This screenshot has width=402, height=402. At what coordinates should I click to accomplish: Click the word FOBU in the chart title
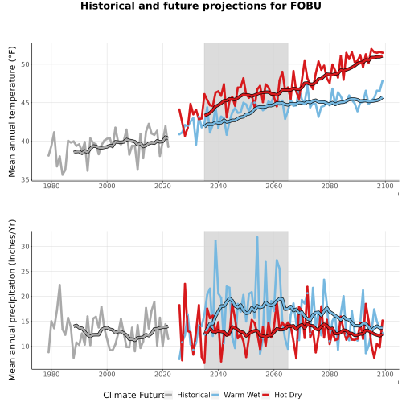306,6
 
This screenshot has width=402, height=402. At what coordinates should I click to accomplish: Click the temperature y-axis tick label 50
25,64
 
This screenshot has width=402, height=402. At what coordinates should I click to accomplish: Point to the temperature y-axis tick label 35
25,180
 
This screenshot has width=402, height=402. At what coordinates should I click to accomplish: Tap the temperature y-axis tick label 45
25,103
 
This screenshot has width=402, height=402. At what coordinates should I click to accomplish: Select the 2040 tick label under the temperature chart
218,186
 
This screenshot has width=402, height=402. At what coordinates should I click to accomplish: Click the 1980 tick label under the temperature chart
51,186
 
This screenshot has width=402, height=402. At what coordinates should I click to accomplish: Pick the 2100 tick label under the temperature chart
385,186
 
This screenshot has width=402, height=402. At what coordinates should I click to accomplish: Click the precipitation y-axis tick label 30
25,247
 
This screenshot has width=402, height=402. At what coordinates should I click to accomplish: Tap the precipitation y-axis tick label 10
25,347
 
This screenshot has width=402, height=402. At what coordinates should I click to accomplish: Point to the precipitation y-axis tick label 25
25,272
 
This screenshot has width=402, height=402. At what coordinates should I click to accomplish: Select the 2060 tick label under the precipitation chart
274,374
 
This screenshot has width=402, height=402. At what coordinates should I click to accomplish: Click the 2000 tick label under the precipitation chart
107,374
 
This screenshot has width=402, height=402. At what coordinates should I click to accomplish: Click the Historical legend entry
187,395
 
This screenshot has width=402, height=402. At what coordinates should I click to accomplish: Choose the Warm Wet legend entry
236,395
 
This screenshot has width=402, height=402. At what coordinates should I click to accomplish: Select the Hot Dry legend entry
281,395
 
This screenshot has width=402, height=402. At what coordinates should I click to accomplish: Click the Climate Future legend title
134,395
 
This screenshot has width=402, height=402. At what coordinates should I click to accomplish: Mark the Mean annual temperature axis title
12,112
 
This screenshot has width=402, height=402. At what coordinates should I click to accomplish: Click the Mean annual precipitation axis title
12,300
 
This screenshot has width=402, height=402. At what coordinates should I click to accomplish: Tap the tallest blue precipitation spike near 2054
257,237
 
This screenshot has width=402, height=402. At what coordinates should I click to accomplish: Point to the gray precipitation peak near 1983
59,285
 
